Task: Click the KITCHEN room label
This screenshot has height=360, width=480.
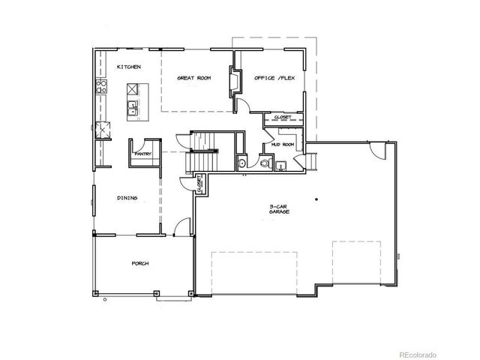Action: click(128, 67)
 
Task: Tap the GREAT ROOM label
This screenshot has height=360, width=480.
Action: click(193, 77)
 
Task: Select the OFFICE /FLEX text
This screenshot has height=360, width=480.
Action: click(273, 77)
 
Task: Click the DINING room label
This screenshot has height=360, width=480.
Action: click(125, 198)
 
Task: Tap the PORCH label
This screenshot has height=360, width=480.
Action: click(140, 263)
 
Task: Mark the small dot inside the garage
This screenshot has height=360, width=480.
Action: click(317, 199)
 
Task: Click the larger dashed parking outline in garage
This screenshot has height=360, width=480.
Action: click(255, 272)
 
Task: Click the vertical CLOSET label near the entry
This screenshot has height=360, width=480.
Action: click(199, 183)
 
